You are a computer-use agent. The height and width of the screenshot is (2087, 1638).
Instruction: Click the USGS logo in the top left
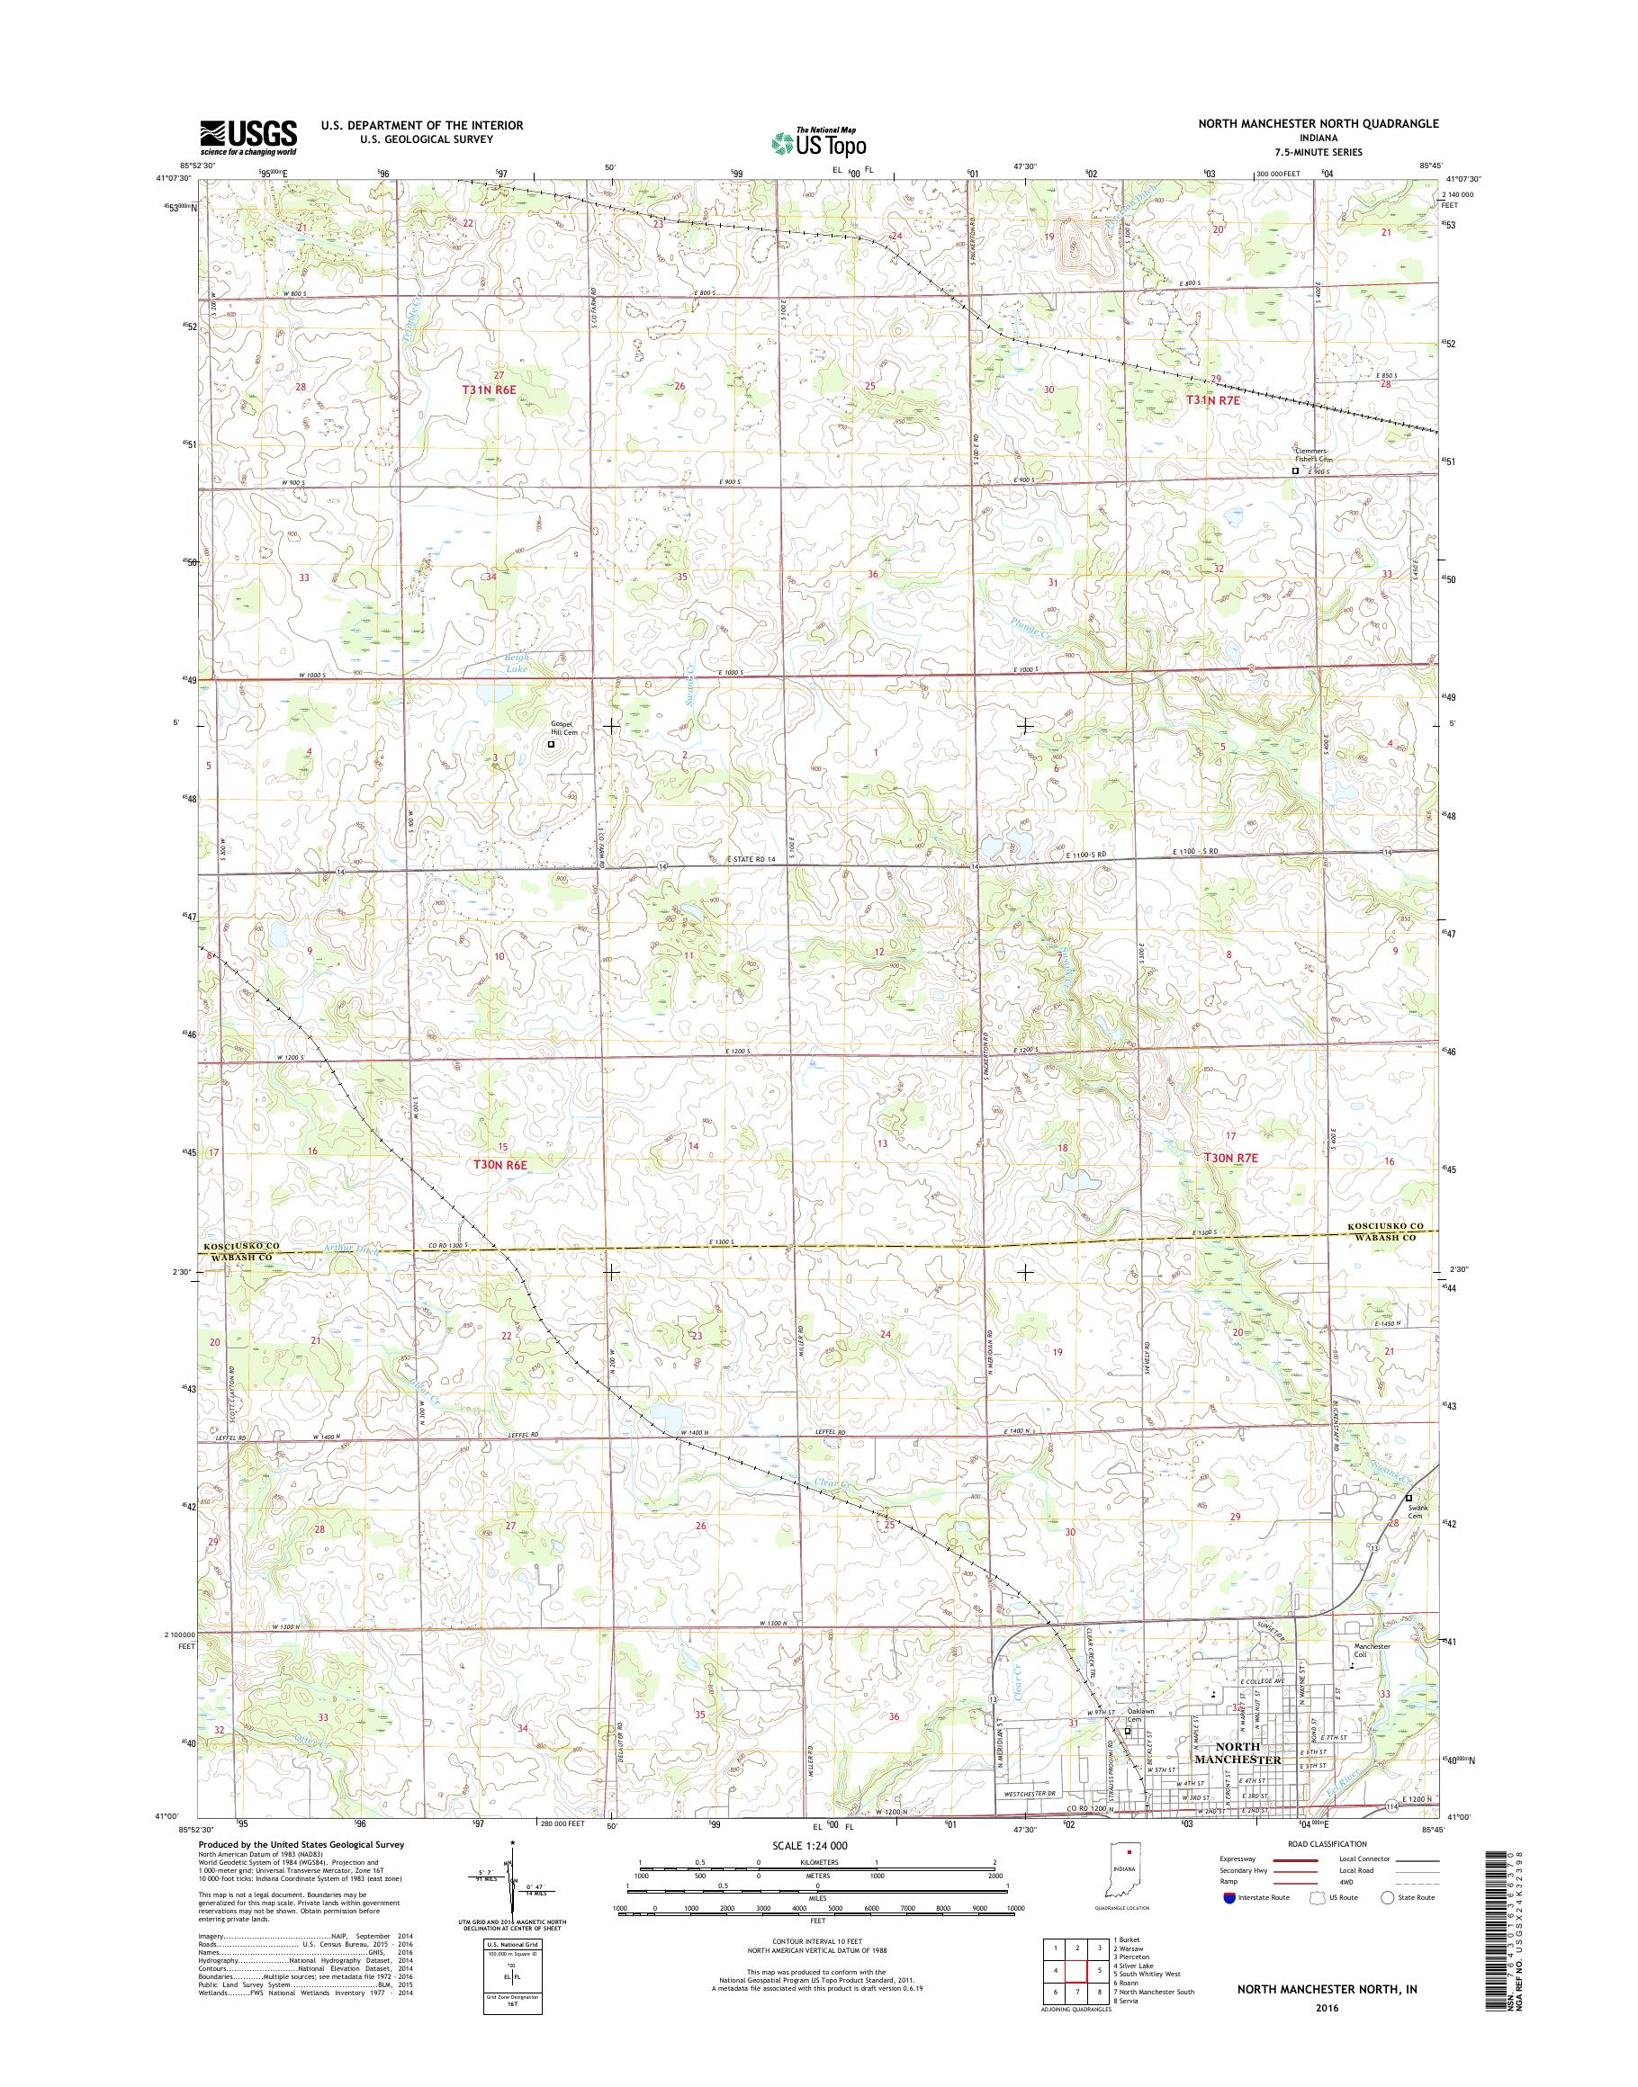pos(248,138)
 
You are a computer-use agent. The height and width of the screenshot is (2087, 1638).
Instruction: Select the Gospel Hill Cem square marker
pos(551,743)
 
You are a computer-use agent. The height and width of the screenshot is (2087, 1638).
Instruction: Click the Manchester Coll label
pos(1372,1647)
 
